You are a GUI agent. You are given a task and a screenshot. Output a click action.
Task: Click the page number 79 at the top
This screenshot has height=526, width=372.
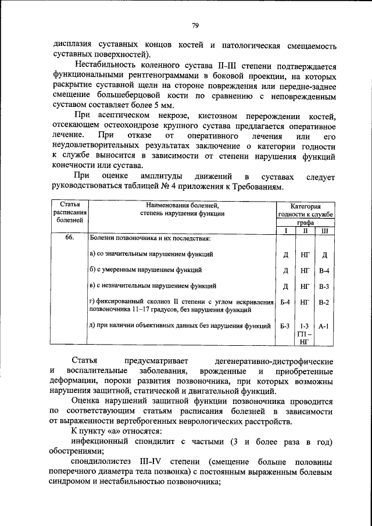[195, 25]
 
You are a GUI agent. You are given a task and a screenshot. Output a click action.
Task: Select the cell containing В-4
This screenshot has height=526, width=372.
[324, 270]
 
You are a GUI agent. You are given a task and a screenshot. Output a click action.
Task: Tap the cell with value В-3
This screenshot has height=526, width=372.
[324, 287]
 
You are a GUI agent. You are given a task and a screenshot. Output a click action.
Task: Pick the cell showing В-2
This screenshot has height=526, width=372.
[324, 302]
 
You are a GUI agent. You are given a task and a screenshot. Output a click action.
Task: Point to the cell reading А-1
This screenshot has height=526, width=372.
[324, 326]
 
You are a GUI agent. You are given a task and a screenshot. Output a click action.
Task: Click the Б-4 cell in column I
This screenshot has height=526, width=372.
[285, 302]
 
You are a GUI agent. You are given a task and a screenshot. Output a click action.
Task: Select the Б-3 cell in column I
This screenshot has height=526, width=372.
[285, 326]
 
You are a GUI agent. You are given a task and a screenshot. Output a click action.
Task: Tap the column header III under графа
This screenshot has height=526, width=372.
[324, 231]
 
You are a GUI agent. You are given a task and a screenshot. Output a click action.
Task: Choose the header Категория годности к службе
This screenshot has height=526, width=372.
[306, 210]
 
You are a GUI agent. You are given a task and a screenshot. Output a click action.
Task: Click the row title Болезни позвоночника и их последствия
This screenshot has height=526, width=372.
[150, 239]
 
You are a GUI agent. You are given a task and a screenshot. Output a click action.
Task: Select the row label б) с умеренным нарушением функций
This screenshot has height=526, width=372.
[145, 270]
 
